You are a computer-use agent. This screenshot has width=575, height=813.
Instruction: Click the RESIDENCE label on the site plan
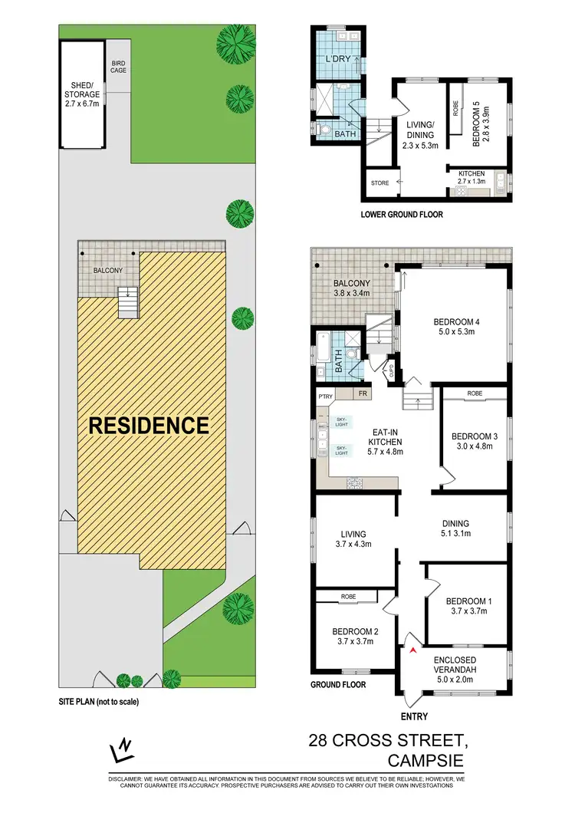coord(149,425)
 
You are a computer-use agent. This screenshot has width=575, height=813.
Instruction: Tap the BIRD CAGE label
coord(118,67)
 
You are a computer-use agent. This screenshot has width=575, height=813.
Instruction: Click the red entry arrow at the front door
coord(414,650)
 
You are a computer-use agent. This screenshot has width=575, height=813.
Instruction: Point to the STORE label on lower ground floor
coord(379,183)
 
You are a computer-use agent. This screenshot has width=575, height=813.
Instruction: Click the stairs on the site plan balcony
coord(127,302)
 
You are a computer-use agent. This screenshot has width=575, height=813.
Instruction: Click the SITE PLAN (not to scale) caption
coord(99,701)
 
